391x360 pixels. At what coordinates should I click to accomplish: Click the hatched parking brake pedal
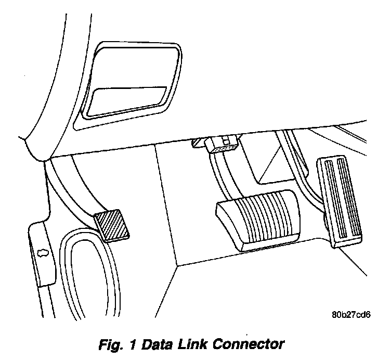coord(113,225)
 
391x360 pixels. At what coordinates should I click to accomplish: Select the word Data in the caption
coord(157,344)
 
